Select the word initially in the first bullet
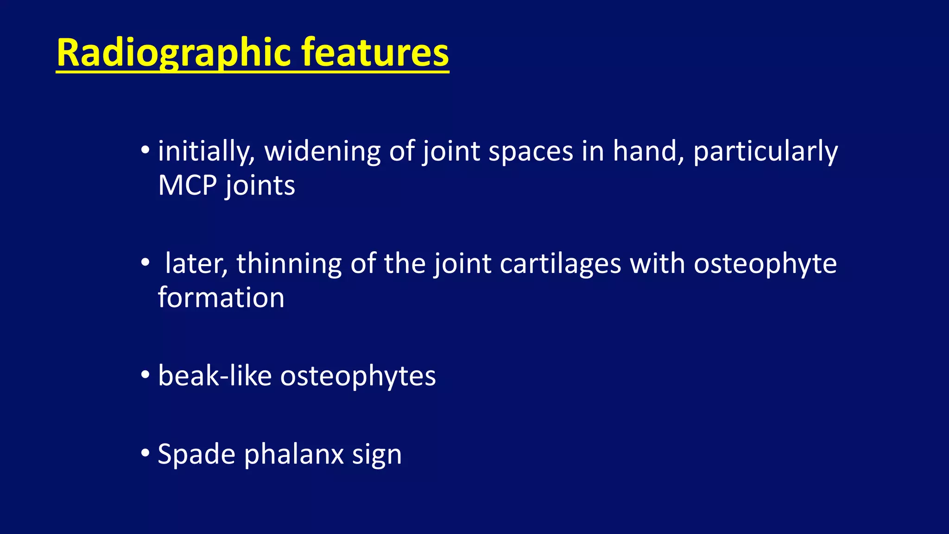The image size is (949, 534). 206,152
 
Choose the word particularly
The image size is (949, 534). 765,152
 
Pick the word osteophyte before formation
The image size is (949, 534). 765,265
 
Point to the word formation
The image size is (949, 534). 221,298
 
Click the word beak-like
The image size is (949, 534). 215,375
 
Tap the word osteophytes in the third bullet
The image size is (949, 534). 358,376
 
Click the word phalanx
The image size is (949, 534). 294,454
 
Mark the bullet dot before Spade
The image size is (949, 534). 145,453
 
